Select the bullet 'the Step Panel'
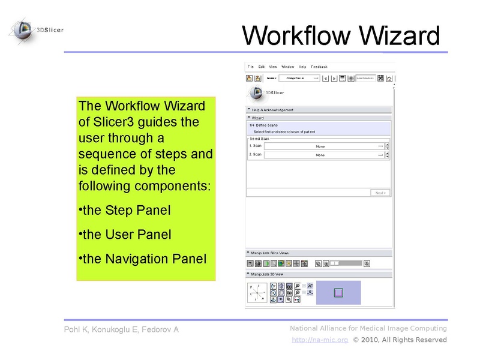126,211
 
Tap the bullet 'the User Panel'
126,235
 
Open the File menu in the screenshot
250,66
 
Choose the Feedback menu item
319,66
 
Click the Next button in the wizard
380,193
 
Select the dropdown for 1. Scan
325,146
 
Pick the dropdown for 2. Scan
325,155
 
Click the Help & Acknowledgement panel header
273,110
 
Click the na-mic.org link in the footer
320,340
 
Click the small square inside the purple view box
338,293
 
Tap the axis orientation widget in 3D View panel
258,293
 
